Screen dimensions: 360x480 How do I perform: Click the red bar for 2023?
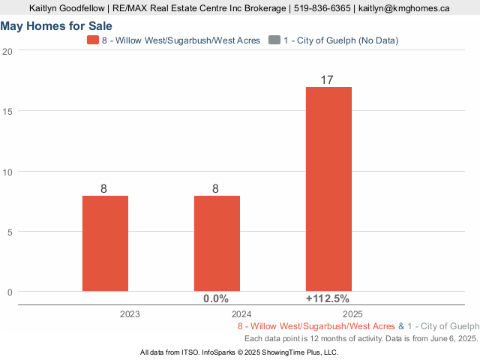105,243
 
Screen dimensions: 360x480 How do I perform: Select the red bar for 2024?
217,243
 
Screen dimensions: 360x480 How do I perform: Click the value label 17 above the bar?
328,79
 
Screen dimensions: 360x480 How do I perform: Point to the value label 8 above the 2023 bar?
104,188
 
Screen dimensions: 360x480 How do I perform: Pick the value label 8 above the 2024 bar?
216,188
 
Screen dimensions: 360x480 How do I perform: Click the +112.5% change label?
328,298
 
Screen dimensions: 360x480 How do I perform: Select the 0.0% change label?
216,298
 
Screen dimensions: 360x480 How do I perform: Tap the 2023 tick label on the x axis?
130,315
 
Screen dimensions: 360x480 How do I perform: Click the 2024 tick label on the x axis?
241,315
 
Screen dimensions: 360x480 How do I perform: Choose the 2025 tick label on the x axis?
353,315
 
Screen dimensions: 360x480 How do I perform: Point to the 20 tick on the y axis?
7,51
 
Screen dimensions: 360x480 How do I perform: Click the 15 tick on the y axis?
7,111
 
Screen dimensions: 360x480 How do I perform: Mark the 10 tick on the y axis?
7,172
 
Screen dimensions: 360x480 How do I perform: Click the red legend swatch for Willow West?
92,40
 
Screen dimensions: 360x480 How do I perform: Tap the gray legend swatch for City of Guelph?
274,40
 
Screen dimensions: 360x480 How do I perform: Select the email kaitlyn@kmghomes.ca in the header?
404,8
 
